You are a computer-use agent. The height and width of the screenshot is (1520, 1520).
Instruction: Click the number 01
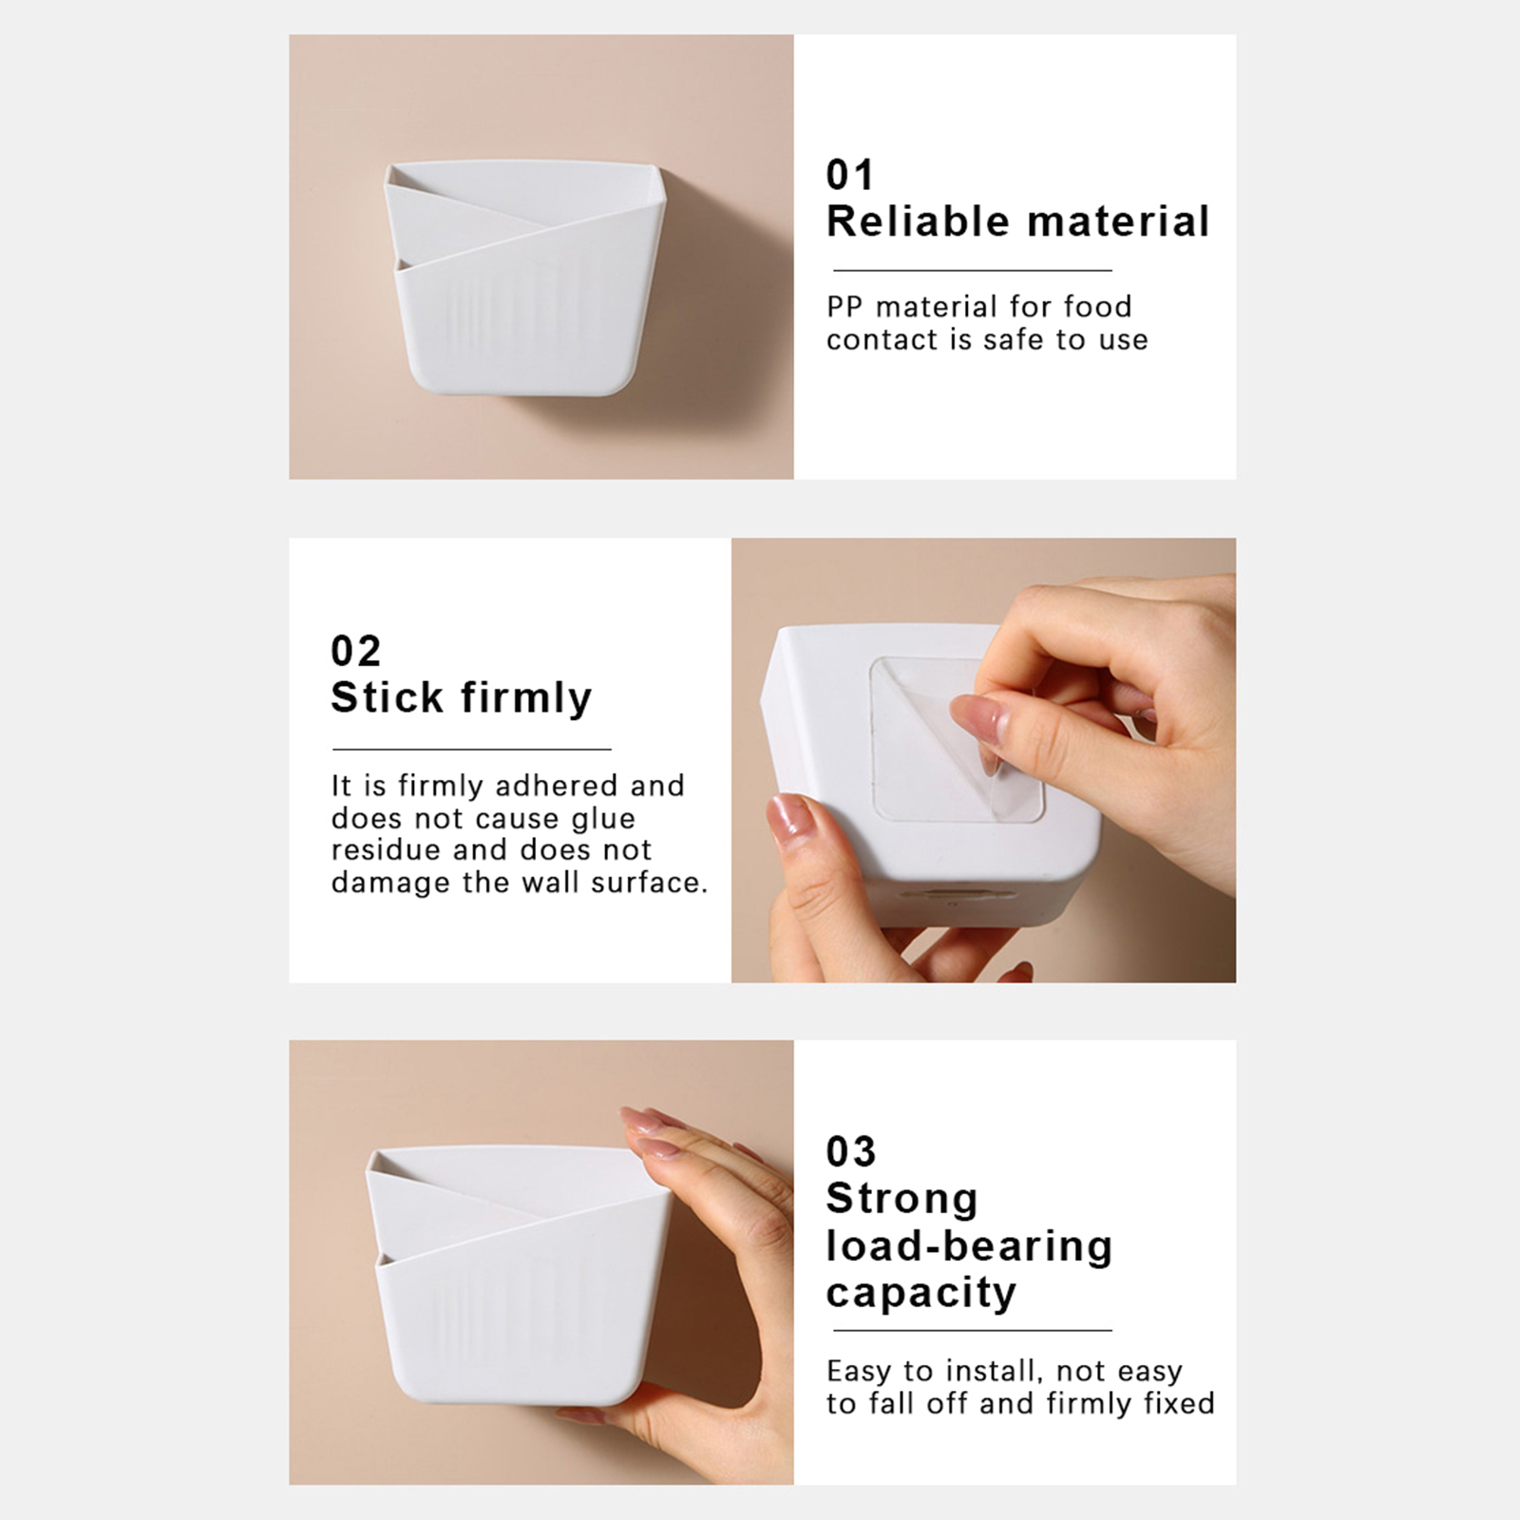click(849, 175)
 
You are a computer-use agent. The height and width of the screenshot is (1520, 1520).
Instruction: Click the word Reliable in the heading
click(919, 221)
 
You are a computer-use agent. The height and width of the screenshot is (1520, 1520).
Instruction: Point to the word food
click(1098, 306)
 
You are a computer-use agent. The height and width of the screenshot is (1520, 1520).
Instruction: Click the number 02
click(355, 651)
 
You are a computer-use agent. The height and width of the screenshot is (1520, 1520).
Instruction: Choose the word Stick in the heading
click(388, 697)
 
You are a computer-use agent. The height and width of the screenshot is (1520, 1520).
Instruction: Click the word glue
click(603, 819)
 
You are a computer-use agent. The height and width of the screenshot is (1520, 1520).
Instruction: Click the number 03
click(850, 1151)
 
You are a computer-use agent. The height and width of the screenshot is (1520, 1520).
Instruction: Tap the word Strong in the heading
click(902, 1200)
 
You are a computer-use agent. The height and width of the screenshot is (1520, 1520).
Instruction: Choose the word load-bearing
click(969, 1246)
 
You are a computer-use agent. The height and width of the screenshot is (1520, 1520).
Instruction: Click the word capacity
click(921, 1294)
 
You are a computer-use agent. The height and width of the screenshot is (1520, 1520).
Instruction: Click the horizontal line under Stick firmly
click(471, 750)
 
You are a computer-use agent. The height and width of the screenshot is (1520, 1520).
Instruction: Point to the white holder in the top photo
click(525, 279)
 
